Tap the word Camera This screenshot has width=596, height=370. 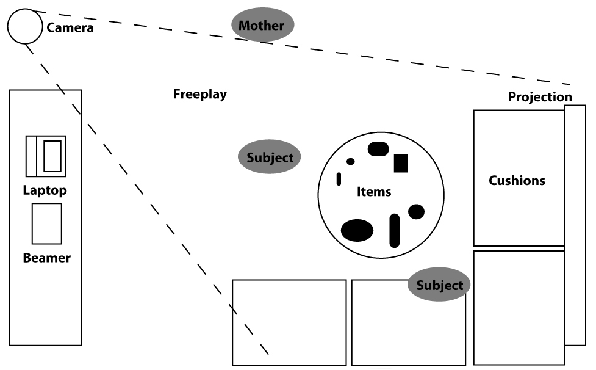(70, 27)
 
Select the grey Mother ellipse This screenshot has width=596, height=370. (262, 26)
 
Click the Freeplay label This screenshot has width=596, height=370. (199, 94)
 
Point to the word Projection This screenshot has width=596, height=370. (540, 97)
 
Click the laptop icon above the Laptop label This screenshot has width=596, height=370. (45, 156)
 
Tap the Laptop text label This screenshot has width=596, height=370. (45, 190)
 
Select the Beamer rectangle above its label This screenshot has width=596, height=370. (46, 223)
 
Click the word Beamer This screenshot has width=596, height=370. (46, 258)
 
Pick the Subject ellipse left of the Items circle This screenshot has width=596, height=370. (270, 157)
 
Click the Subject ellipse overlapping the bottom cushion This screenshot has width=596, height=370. (439, 285)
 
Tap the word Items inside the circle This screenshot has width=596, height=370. (373, 192)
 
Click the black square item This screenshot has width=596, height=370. (400, 163)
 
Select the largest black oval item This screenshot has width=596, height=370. (357, 230)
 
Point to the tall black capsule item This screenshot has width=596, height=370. (394, 230)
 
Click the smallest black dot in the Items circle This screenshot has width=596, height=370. (350, 162)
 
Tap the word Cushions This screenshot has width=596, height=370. (517, 181)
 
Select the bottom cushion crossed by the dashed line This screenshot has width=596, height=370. (289, 322)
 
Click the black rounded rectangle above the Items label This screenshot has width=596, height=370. (378, 148)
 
